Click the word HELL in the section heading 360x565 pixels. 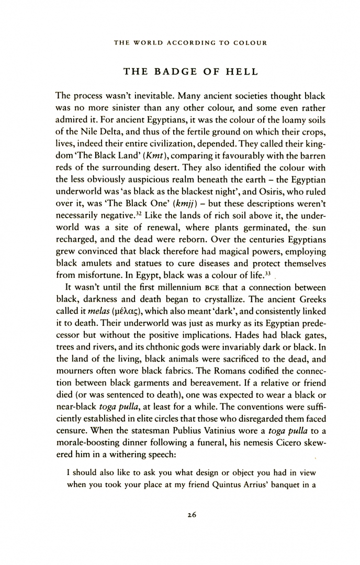[241, 72]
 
